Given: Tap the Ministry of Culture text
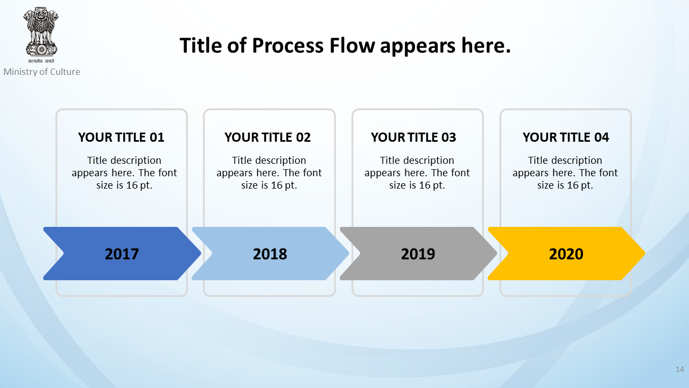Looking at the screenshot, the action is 42,72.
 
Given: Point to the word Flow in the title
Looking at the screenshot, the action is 352,46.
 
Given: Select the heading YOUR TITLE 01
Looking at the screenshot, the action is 121,137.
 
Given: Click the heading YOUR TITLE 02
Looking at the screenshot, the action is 268,137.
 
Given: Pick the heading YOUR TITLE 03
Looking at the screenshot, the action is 413,137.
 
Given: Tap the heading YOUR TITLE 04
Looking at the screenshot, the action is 566,137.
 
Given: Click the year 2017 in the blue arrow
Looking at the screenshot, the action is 122,254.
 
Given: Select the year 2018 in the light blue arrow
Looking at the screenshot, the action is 270,254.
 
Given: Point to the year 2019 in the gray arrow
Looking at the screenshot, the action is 418,254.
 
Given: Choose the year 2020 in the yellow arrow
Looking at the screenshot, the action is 566,254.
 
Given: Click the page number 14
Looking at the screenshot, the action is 680,369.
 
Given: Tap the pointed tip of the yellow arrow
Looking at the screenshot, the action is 645,253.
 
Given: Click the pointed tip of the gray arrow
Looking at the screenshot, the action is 497,253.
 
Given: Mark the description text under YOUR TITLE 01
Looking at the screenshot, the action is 124,173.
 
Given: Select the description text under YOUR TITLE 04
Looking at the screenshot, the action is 565,173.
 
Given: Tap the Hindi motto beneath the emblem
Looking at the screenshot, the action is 41,61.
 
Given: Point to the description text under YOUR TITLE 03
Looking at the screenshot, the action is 417,173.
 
